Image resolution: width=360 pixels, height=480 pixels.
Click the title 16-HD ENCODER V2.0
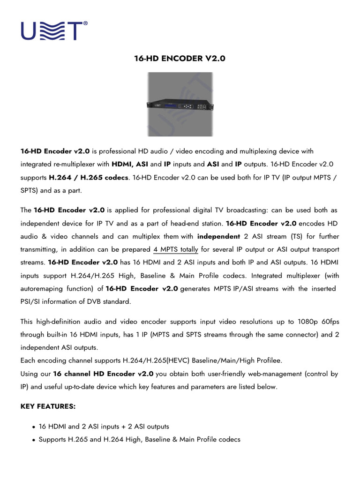(x=180, y=59)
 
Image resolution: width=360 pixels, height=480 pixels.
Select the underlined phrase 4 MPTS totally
(x=176, y=249)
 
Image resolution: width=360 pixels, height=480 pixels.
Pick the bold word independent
(x=218, y=236)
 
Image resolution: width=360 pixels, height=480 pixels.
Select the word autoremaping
(x=43, y=289)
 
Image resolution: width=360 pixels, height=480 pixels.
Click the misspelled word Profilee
(x=267, y=361)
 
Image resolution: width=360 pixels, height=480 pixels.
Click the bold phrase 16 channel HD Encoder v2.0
(x=103, y=374)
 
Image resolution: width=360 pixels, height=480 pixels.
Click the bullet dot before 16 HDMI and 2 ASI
(x=34, y=427)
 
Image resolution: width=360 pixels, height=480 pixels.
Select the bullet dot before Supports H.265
(x=34, y=440)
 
